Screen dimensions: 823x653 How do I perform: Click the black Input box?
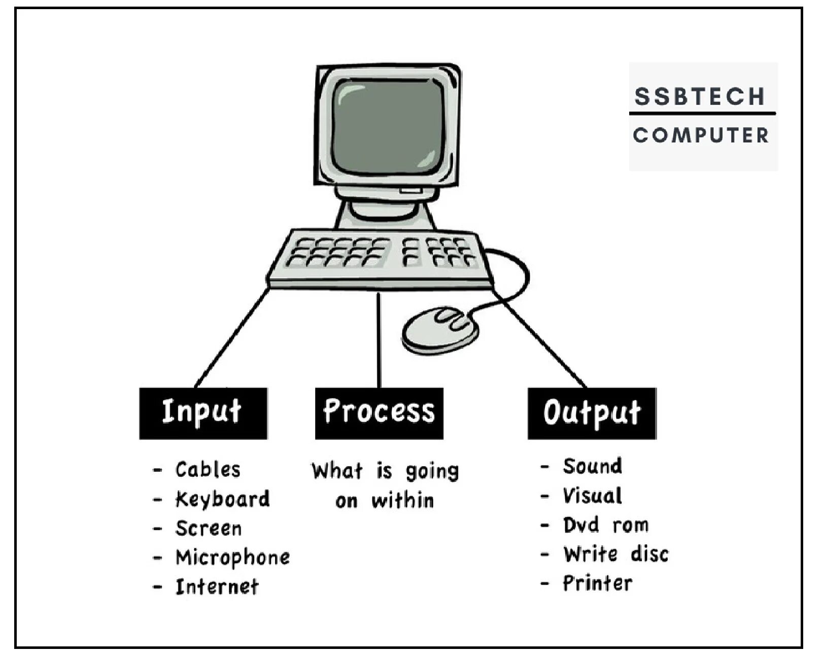[203, 413]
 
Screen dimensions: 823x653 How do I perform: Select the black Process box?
[379, 413]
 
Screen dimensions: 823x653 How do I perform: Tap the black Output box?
[592, 413]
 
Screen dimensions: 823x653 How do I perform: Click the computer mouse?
[440, 330]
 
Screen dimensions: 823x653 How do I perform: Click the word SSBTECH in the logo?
[699, 96]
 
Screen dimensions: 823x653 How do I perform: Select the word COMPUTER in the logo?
[701, 135]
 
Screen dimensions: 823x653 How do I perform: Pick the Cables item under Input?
[208, 470]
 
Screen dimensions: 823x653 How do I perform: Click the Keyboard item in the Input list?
[222, 499]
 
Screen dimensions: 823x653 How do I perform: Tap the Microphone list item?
[232, 558]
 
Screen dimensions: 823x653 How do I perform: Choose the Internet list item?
[217, 587]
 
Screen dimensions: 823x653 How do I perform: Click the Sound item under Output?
[592, 466]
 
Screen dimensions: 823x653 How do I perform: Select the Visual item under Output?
[592, 496]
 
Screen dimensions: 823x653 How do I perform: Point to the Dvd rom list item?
[605, 525]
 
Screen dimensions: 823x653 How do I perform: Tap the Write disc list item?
[615, 554]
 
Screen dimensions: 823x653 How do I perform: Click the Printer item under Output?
[598, 583]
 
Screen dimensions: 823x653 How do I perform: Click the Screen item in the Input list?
[209, 529]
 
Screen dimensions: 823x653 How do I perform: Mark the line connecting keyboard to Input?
[232, 338]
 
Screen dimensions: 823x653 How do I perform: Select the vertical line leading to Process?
[378, 340]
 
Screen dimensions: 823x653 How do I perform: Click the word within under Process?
[403, 501]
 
